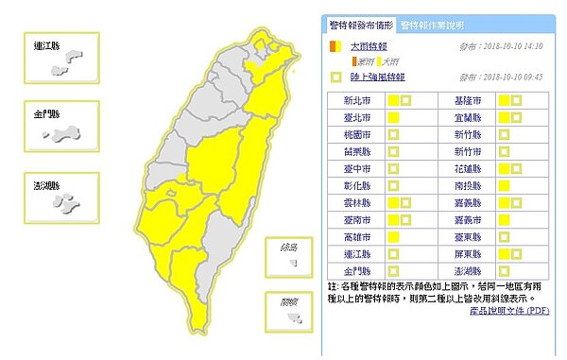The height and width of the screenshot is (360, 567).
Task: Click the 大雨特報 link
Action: tap(370, 45)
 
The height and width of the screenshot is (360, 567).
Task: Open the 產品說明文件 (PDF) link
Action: tap(512, 309)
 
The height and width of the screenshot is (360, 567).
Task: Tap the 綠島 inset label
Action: tap(281, 249)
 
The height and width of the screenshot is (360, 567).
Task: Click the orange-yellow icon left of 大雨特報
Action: tap(334, 45)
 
